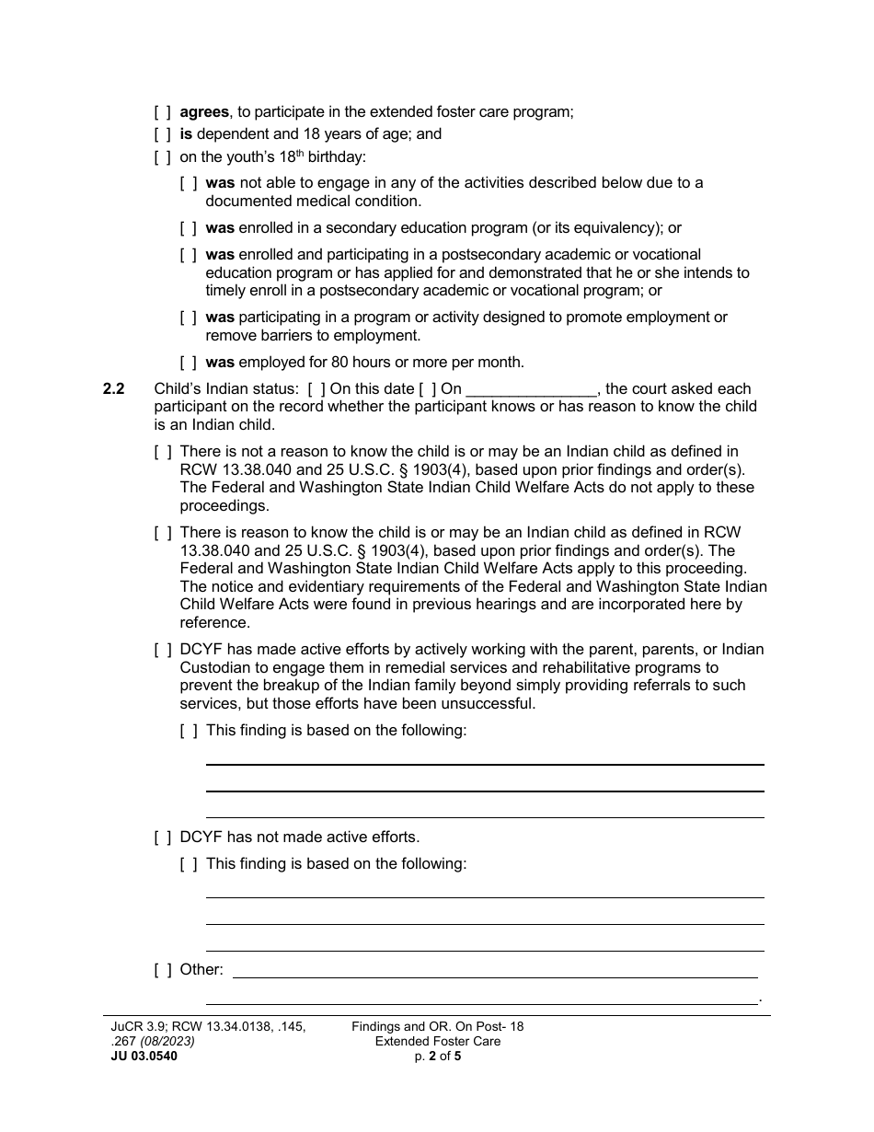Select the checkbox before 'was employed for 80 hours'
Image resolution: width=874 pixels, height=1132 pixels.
[x=189, y=362]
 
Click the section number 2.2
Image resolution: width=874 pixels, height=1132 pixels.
[x=113, y=388]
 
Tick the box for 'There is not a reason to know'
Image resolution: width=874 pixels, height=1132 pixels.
[x=163, y=452]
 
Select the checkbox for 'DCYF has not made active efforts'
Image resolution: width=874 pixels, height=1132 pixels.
[x=163, y=837]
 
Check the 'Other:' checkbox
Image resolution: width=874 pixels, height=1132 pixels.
[x=163, y=969]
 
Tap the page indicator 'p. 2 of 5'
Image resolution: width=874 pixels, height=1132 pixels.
[x=437, y=1057]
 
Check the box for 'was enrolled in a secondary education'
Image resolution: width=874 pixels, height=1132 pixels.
[x=189, y=228]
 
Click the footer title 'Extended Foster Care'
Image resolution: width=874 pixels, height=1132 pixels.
[x=437, y=1042]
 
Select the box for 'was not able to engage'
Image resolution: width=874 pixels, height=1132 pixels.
[x=189, y=183]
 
